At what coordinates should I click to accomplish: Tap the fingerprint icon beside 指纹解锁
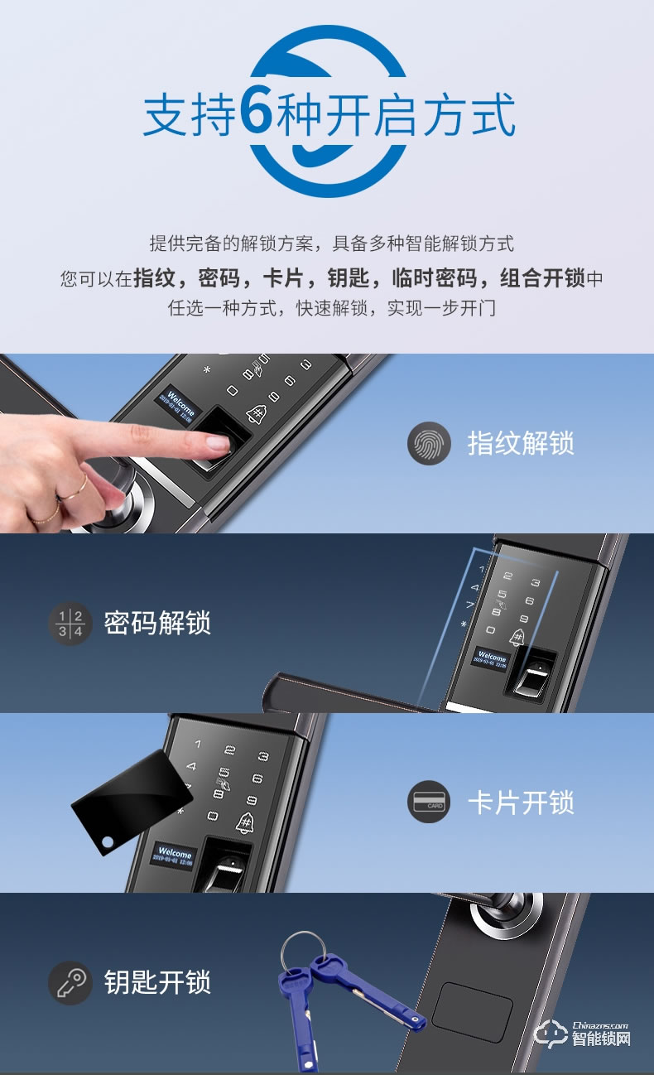[428, 443]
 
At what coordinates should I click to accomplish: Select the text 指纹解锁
[520, 443]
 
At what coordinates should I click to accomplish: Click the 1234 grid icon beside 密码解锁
[69, 623]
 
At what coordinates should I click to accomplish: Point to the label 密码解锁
[157, 623]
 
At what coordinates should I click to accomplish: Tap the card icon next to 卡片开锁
[428, 803]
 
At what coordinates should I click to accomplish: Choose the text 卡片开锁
[520, 803]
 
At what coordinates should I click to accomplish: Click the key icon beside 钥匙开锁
[69, 982]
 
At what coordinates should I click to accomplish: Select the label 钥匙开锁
[157, 982]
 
